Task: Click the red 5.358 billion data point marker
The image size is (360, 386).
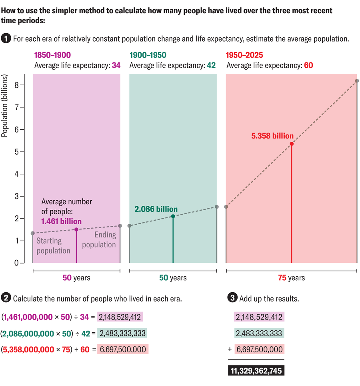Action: tap(292, 144)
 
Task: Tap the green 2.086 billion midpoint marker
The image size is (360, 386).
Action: tap(173, 216)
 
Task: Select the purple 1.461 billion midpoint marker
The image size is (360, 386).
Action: tap(76, 229)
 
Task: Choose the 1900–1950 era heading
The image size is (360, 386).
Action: tap(148, 55)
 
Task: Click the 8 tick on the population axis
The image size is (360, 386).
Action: tap(17, 85)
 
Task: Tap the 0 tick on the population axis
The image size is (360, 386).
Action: tap(17, 263)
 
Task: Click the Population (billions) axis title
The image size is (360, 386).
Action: tap(5, 107)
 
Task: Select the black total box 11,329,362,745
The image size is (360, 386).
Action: tap(256, 371)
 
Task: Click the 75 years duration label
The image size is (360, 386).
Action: tap(291, 278)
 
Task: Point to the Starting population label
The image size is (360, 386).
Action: tap(53, 246)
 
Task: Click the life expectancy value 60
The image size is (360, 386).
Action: tap(308, 65)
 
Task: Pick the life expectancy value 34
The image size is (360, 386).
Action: tap(116, 65)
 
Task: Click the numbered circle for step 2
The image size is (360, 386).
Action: tap(6, 298)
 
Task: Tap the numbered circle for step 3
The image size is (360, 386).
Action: tap(232, 298)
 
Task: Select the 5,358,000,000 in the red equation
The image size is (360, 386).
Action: tap(28, 349)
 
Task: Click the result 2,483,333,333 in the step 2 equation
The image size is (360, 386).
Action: tap(122, 333)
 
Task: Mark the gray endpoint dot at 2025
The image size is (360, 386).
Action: tap(357, 81)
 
